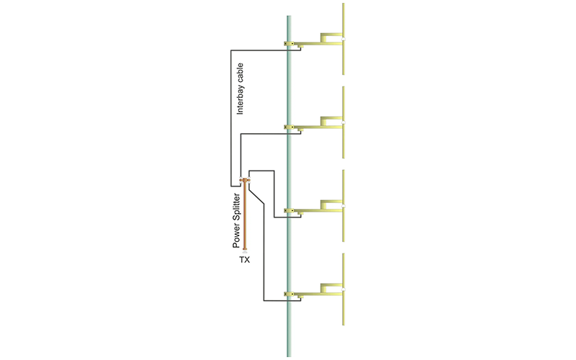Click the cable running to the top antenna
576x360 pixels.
[x=230, y=108]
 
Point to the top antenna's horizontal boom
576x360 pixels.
[x=317, y=45]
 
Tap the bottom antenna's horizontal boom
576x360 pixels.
[x=317, y=294]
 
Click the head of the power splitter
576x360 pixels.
[x=245, y=180]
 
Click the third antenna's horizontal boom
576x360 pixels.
[x=317, y=211]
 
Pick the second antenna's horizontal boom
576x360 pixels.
[x=317, y=128]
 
